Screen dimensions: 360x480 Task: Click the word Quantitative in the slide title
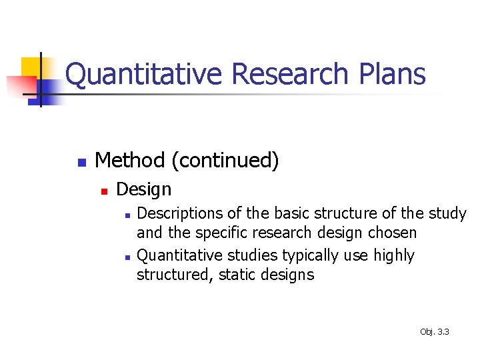click(143, 74)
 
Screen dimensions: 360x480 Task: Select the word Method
click(130, 161)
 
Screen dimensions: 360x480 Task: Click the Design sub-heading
click(143, 189)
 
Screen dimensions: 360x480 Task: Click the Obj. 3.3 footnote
click(435, 331)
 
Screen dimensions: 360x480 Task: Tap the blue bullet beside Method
click(80, 162)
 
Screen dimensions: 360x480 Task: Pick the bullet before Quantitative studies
click(127, 257)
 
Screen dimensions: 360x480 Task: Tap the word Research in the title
click(289, 74)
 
